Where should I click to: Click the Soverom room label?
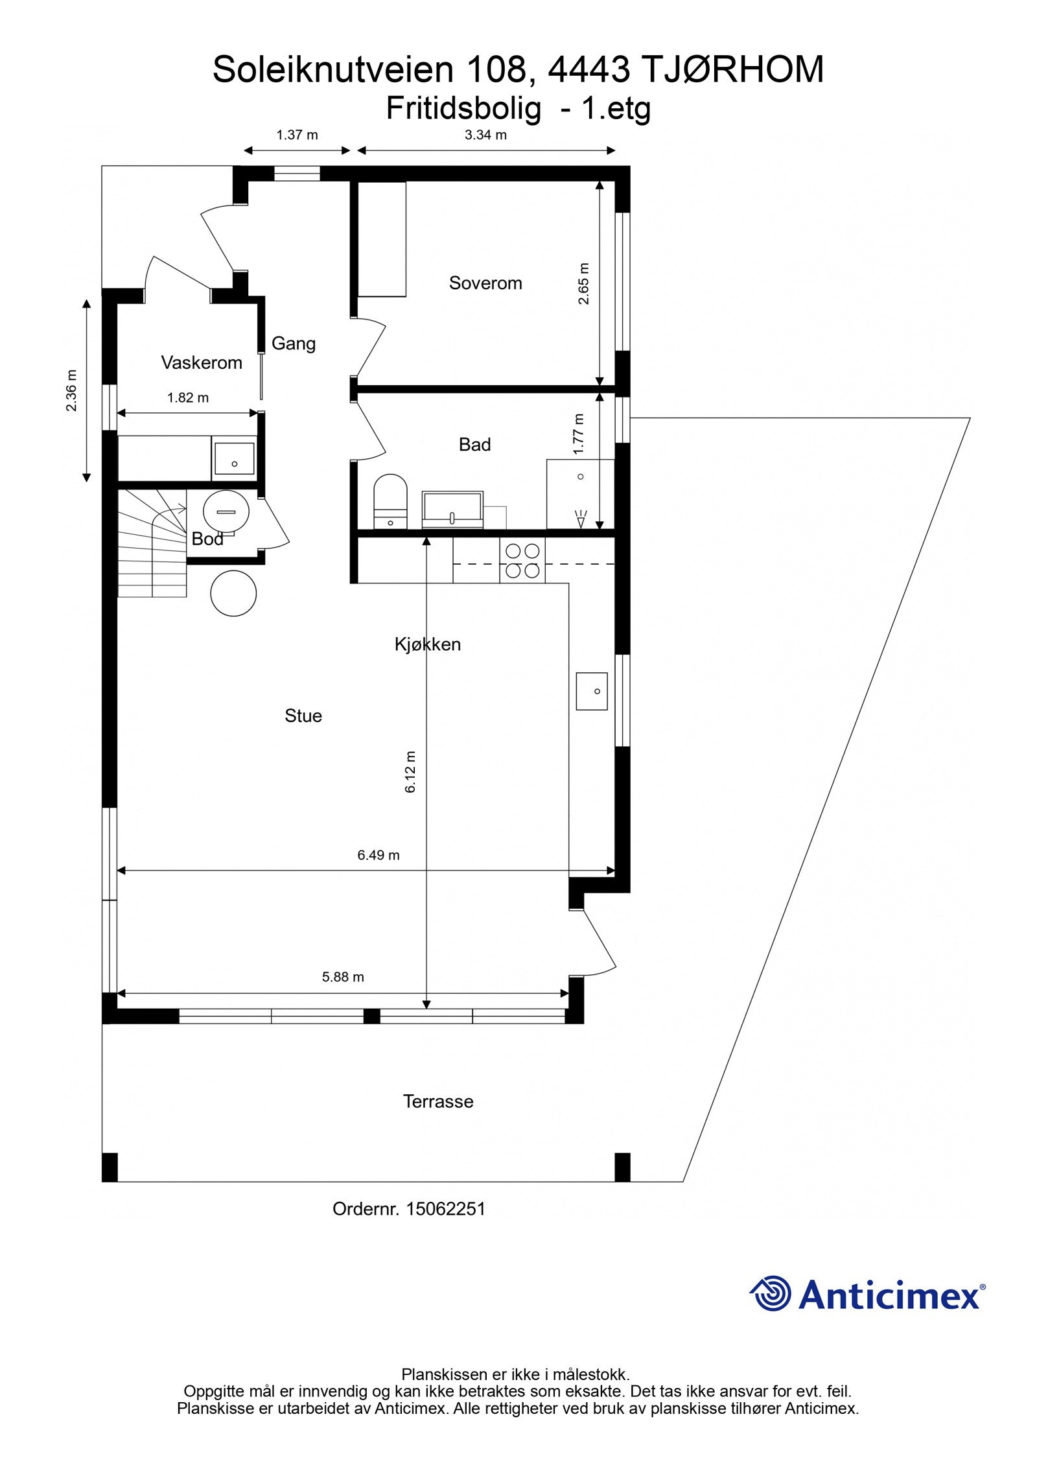point(485,283)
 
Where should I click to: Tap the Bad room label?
point(474,444)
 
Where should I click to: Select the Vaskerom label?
point(202,362)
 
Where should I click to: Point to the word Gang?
point(293,343)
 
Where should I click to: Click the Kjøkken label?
point(428,644)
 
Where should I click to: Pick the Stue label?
point(303,715)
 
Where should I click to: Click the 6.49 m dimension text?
point(379,854)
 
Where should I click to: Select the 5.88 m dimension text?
point(343,976)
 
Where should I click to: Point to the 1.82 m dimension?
point(188,397)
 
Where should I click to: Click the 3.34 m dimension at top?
point(485,135)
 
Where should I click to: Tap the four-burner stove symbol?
point(522,561)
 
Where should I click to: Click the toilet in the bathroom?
point(390,501)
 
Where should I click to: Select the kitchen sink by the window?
point(591,691)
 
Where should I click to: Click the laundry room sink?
point(233,461)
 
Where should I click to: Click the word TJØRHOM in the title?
point(732,70)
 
